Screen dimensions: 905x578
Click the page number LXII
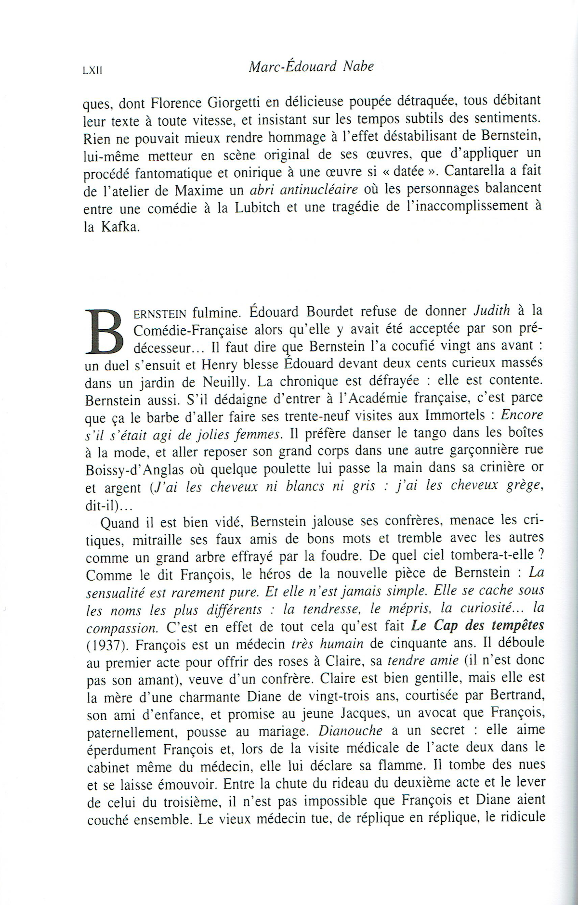tap(92, 70)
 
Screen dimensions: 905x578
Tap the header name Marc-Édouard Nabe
tap(311, 66)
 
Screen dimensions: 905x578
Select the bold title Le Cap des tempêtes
tap(477, 625)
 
